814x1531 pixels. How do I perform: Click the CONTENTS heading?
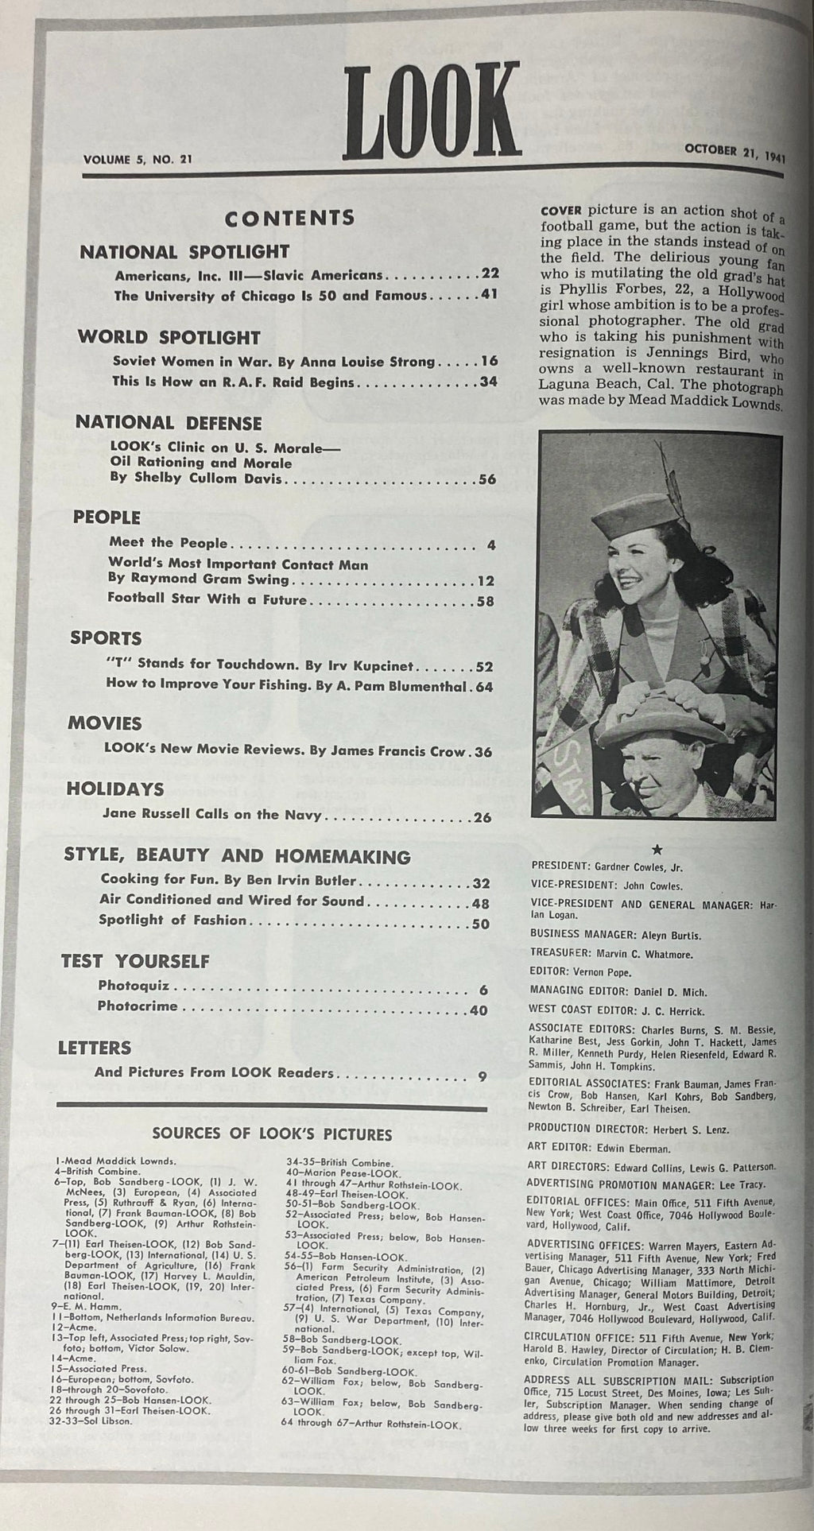pos(289,218)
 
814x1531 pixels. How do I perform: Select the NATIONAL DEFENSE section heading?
pos(169,423)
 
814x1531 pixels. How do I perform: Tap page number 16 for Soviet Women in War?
pos(488,361)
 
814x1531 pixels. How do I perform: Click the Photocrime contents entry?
pos(138,1006)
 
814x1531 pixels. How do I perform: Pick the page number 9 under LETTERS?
pos(482,1077)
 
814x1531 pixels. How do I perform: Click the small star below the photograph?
pos(656,849)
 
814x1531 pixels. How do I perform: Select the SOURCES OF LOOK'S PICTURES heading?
pos(272,1134)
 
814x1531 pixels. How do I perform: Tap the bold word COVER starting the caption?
pos(561,211)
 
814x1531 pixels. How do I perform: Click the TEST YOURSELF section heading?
pos(135,961)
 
